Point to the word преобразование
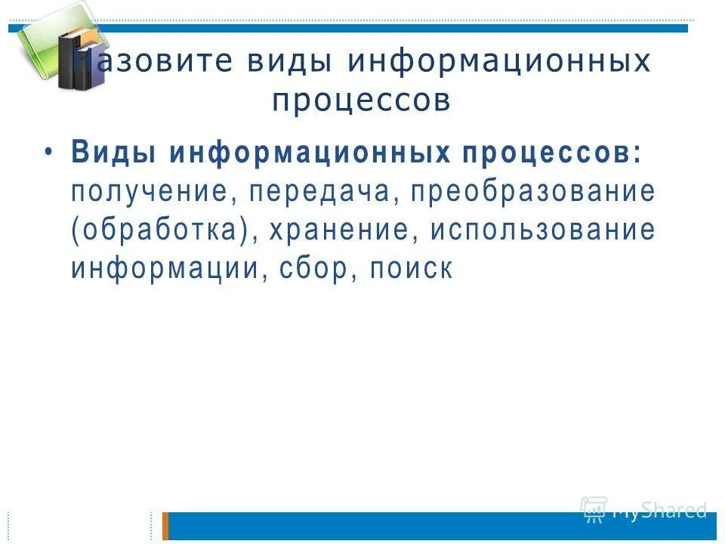pyautogui.click(x=532, y=191)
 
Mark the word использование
pyautogui.click(x=543, y=230)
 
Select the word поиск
pyautogui.click(x=412, y=269)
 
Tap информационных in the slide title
pyautogui.click(x=499, y=61)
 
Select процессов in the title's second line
pyautogui.click(x=362, y=100)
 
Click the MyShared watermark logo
pyautogui.click(x=643, y=510)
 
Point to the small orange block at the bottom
pyautogui.click(x=165, y=526)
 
